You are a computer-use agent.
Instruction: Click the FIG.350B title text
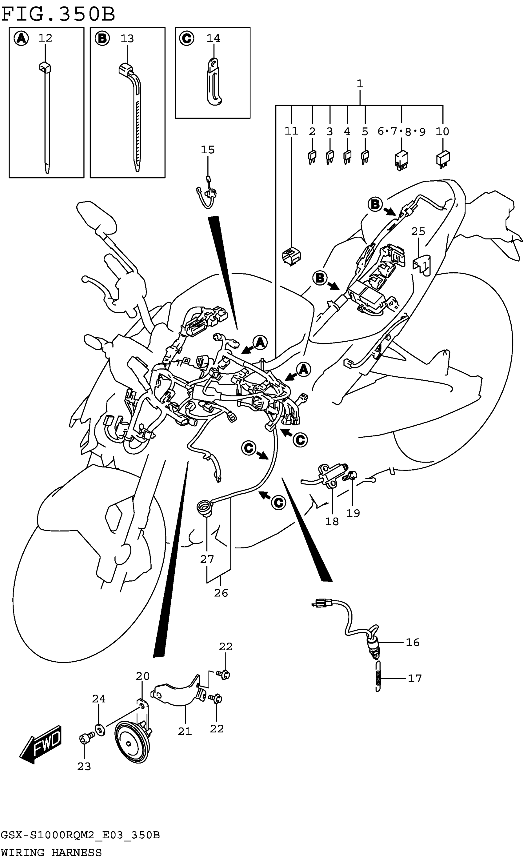[x=58, y=14]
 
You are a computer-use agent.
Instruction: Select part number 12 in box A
[x=45, y=38]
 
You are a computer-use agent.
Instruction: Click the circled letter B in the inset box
[x=102, y=38]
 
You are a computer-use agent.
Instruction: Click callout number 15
[x=207, y=150]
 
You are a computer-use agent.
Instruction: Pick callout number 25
[x=418, y=231]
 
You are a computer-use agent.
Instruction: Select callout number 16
[x=413, y=642]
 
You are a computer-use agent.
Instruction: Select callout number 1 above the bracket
[x=360, y=84]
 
